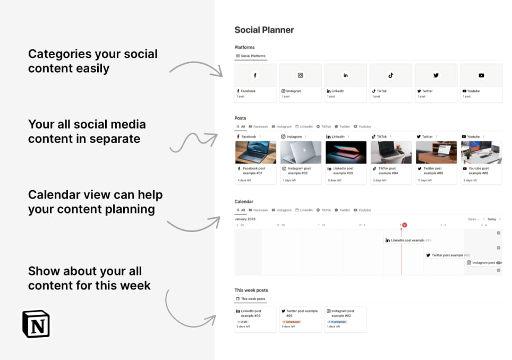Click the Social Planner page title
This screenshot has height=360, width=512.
[264, 30]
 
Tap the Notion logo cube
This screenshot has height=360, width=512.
[36, 323]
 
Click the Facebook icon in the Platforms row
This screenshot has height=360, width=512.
[255, 75]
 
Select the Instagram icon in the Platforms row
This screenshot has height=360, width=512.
[300, 75]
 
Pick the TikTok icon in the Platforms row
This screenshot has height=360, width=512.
[391, 75]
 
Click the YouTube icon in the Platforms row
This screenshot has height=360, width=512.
[481, 75]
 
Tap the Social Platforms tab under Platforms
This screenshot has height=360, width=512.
[251, 56]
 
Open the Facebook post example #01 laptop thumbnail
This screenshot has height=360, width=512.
[255, 152]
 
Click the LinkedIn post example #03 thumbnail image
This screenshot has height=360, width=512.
[346, 152]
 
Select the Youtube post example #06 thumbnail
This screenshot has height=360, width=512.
[481, 152]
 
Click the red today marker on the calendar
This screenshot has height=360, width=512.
[404, 225]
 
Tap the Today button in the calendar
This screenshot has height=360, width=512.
[492, 219]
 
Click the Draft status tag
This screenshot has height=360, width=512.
[244, 322]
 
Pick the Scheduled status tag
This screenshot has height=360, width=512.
[292, 322]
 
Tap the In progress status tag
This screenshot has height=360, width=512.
[337, 322]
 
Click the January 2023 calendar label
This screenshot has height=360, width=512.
[245, 219]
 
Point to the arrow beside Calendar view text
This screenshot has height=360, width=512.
[194, 224]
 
